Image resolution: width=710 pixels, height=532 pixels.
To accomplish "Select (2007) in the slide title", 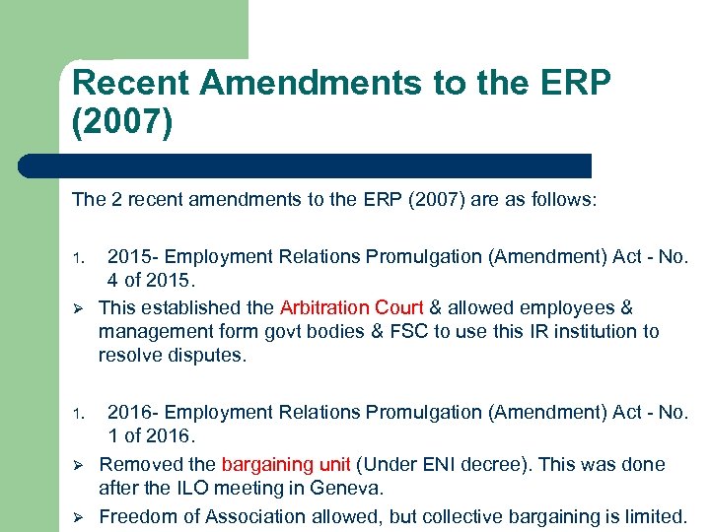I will click(122, 126).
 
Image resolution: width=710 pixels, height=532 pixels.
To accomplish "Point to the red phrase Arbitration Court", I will click(351, 308).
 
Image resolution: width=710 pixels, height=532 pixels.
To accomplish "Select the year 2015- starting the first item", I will click(132, 257).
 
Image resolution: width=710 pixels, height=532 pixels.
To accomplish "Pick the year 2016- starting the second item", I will click(132, 413).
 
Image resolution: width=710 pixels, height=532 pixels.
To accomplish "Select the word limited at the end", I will click(655, 516).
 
